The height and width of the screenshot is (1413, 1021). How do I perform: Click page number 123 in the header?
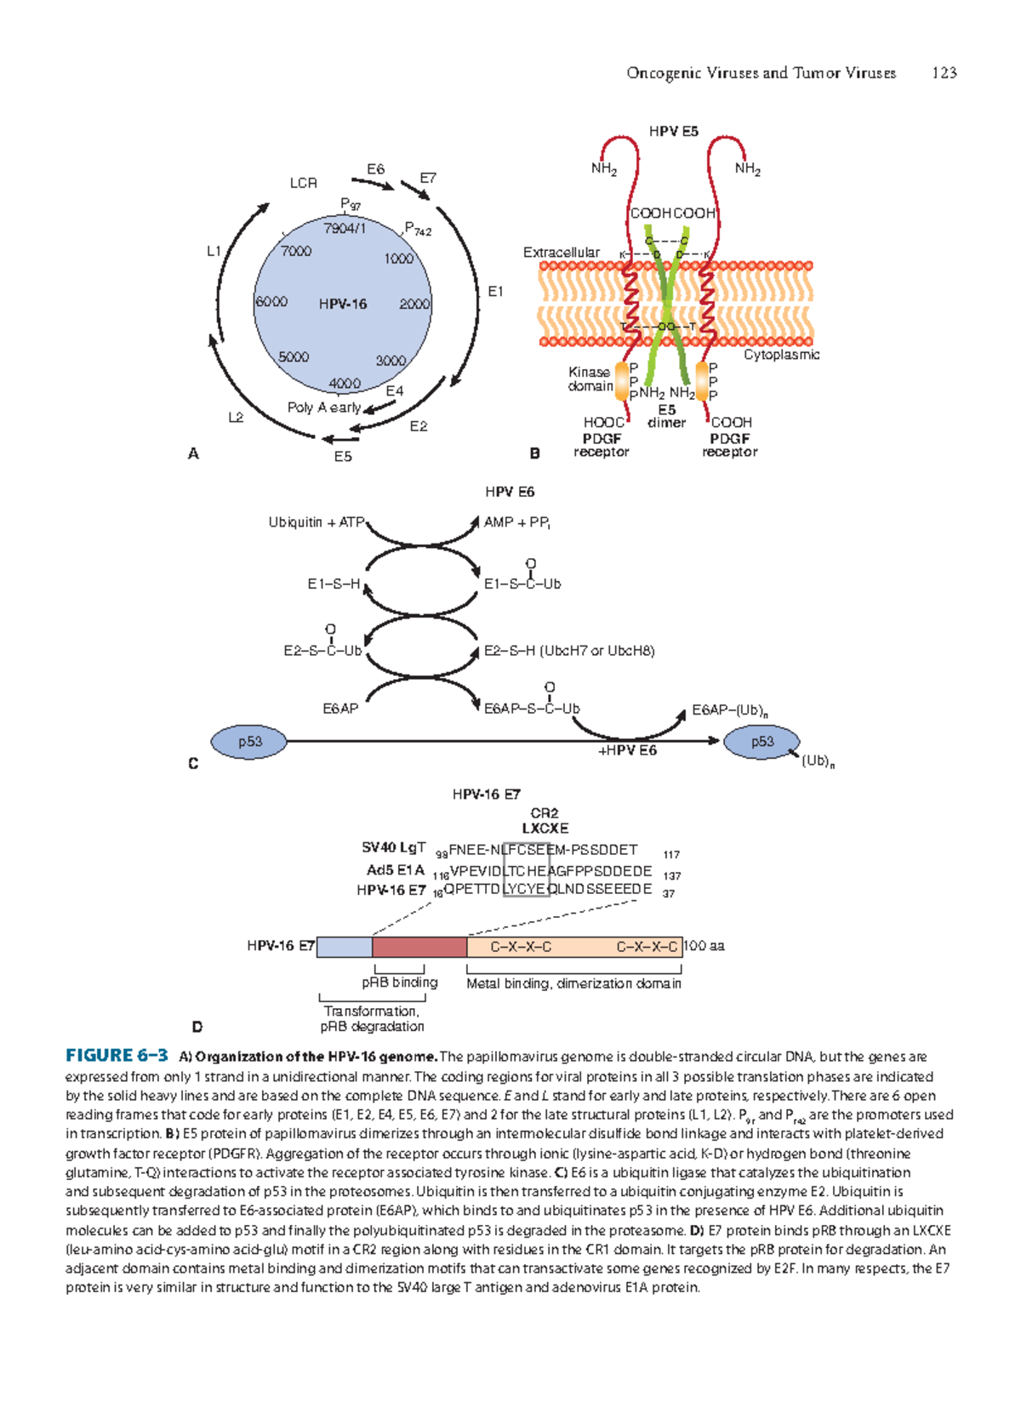(x=944, y=73)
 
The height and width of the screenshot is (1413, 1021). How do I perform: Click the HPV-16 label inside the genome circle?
(x=343, y=305)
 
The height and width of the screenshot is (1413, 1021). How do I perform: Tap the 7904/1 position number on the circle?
(x=345, y=229)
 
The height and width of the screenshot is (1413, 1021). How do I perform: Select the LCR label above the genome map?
(x=303, y=183)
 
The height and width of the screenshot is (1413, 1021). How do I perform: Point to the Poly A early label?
(x=323, y=407)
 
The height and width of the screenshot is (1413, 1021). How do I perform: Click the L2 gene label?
(x=236, y=418)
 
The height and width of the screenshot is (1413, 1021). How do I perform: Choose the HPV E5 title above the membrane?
(x=673, y=131)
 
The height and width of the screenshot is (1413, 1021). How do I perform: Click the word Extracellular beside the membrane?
(x=561, y=253)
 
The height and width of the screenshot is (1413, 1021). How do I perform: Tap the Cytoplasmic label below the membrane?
(x=781, y=355)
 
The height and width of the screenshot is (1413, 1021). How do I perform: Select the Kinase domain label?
(x=590, y=379)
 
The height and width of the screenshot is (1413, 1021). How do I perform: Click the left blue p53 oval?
(x=249, y=742)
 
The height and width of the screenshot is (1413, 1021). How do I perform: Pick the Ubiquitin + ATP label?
(x=316, y=522)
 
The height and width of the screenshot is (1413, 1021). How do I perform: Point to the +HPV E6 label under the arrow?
(x=628, y=750)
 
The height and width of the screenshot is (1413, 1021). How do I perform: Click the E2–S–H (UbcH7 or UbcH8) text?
(x=569, y=651)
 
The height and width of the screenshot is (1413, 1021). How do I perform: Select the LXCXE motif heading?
(x=545, y=828)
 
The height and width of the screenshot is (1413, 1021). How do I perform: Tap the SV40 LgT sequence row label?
(x=393, y=848)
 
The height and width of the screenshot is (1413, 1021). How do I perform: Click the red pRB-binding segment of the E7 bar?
(x=419, y=947)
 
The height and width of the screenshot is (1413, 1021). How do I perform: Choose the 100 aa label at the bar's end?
(x=704, y=946)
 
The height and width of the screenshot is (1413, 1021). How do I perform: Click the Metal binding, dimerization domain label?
(x=573, y=983)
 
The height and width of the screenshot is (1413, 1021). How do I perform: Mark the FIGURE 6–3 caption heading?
(x=117, y=1056)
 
